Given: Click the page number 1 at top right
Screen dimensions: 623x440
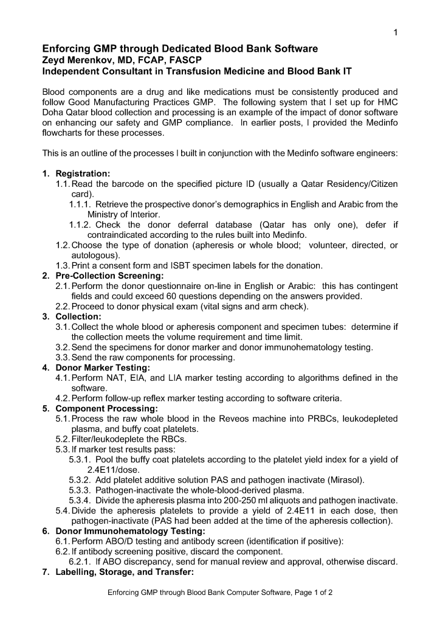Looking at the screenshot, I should pyautogui.click(x=395, y=32).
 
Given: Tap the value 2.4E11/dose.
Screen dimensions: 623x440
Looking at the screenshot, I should pyautogui.click(x=114, y=470).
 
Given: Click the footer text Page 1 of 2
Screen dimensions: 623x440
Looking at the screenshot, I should pyautogui.click(x=309, y=592).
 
